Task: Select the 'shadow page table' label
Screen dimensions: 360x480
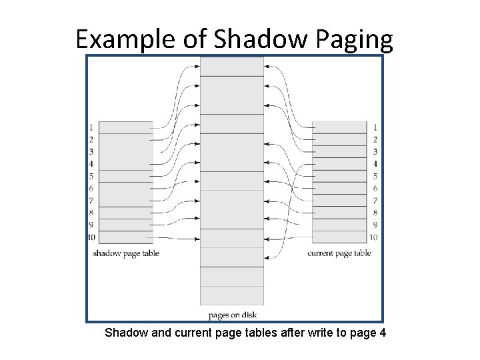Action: (125, 253)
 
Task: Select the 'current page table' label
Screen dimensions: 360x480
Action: (339, 253)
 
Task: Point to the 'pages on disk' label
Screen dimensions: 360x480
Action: (232, 315)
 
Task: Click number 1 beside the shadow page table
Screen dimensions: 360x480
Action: (91, 127)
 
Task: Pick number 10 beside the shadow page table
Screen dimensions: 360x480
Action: (91, 237)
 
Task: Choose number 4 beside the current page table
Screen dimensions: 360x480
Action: (375, 164)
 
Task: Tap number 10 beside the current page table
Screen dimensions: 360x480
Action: (374, 237)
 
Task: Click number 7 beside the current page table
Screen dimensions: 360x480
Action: (375, 201)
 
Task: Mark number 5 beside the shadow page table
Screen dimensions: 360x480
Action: (91, 176)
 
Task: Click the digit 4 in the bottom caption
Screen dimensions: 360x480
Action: (382, 332)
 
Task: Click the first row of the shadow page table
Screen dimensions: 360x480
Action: (125, 127)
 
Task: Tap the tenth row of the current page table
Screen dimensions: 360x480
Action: (339, 237)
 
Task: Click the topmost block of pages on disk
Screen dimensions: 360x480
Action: (232, 66)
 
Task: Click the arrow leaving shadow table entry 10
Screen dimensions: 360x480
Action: (176, 238)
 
